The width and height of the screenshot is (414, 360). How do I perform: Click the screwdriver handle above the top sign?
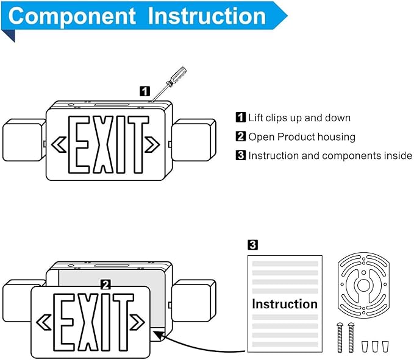click(x=177, y=77)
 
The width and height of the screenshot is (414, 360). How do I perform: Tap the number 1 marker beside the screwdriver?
click(x=145, y=91)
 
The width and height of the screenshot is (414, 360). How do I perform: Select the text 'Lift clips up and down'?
click(x=299, y=118)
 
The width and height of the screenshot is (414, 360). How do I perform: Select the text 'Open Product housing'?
click(x=301, y=136)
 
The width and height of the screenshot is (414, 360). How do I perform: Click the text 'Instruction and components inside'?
click(x=330, y=156)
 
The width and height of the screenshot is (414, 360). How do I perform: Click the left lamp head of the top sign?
click(x=23, y=141)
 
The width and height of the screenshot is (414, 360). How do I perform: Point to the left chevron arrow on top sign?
click(x=59, y=144)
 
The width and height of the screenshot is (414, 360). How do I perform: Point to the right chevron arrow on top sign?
click(x=152, y=144)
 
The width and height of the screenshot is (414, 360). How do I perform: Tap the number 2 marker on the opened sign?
click(x=105, y=284)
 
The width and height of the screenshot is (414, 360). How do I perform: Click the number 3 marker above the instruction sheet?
click(x=252, y=245)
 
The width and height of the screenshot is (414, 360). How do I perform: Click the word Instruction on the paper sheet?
click(x=285, y=304)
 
